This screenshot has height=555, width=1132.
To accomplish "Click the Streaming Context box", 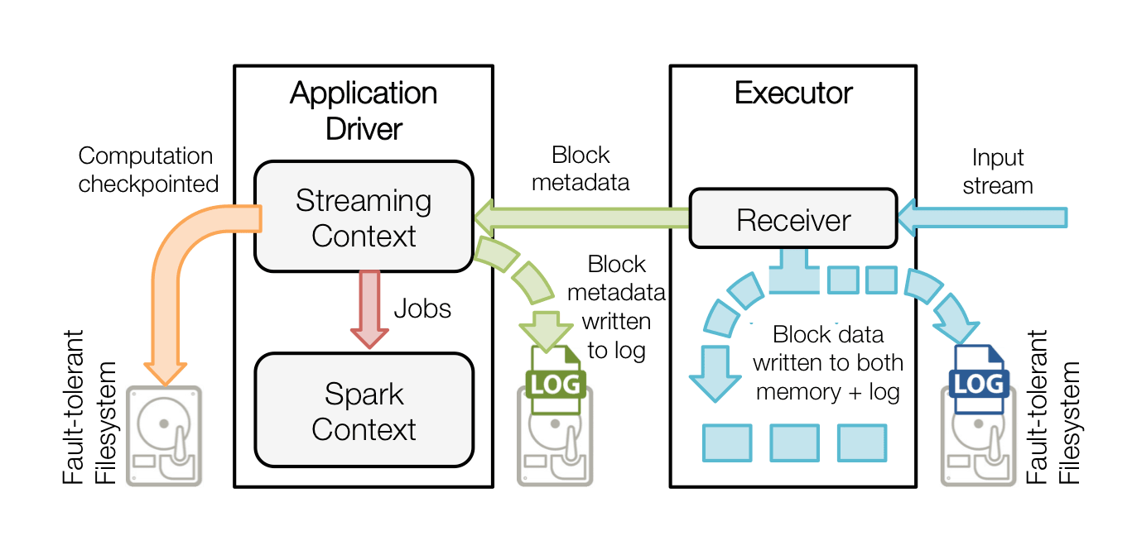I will click(364, 217).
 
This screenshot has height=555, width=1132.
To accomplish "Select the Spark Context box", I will click(364, 410).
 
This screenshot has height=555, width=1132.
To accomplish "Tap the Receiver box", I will click(793, 219).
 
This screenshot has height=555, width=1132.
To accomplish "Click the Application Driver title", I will click(364, 111).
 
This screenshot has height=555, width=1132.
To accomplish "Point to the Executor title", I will click(793, 93).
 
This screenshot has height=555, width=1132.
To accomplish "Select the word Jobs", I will click(422, 309).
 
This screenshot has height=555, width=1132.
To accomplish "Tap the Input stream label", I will click(998, 171).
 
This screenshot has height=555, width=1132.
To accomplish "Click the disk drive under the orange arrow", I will click(163, 435).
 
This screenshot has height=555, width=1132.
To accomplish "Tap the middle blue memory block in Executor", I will click(794, 443).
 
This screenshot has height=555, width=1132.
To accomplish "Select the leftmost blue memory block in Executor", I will click(727, 443).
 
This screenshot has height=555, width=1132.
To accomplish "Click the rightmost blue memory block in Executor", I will click(862, 443).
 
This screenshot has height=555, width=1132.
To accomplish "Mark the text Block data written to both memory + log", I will click(828, 363).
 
